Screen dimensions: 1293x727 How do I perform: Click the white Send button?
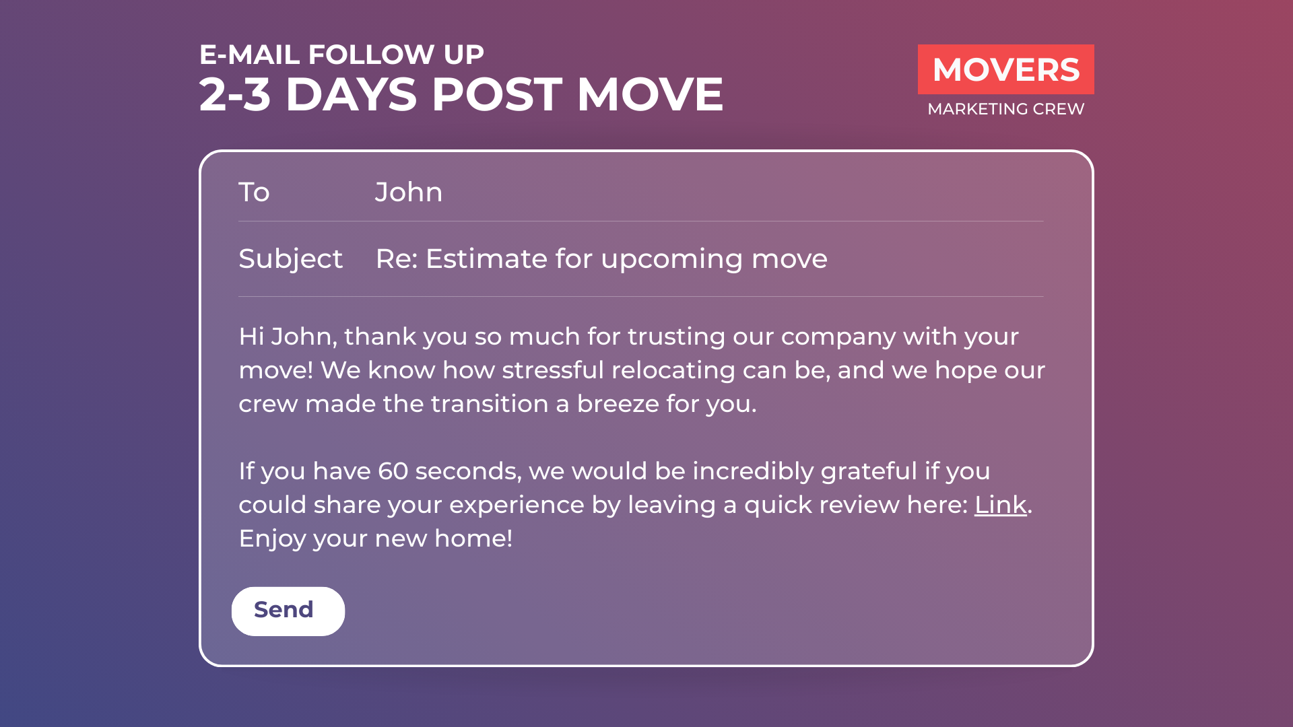288,611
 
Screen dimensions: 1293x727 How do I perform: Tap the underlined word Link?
1000,505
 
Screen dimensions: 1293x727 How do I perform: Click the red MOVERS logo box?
1005,69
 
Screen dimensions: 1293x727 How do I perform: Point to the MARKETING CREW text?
1005,109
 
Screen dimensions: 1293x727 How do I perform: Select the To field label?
254,193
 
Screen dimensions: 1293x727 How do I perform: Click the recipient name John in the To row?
409,193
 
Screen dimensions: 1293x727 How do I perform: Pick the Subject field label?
291,259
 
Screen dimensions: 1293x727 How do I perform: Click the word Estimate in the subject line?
487,259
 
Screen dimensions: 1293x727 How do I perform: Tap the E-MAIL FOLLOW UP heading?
341,55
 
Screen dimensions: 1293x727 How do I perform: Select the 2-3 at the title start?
235,94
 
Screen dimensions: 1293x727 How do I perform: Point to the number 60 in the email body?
393,471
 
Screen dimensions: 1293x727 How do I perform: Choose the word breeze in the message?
618,404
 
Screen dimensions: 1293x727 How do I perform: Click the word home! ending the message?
473,539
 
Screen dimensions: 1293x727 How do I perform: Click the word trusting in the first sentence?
676,337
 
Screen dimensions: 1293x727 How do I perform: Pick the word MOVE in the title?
650,94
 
